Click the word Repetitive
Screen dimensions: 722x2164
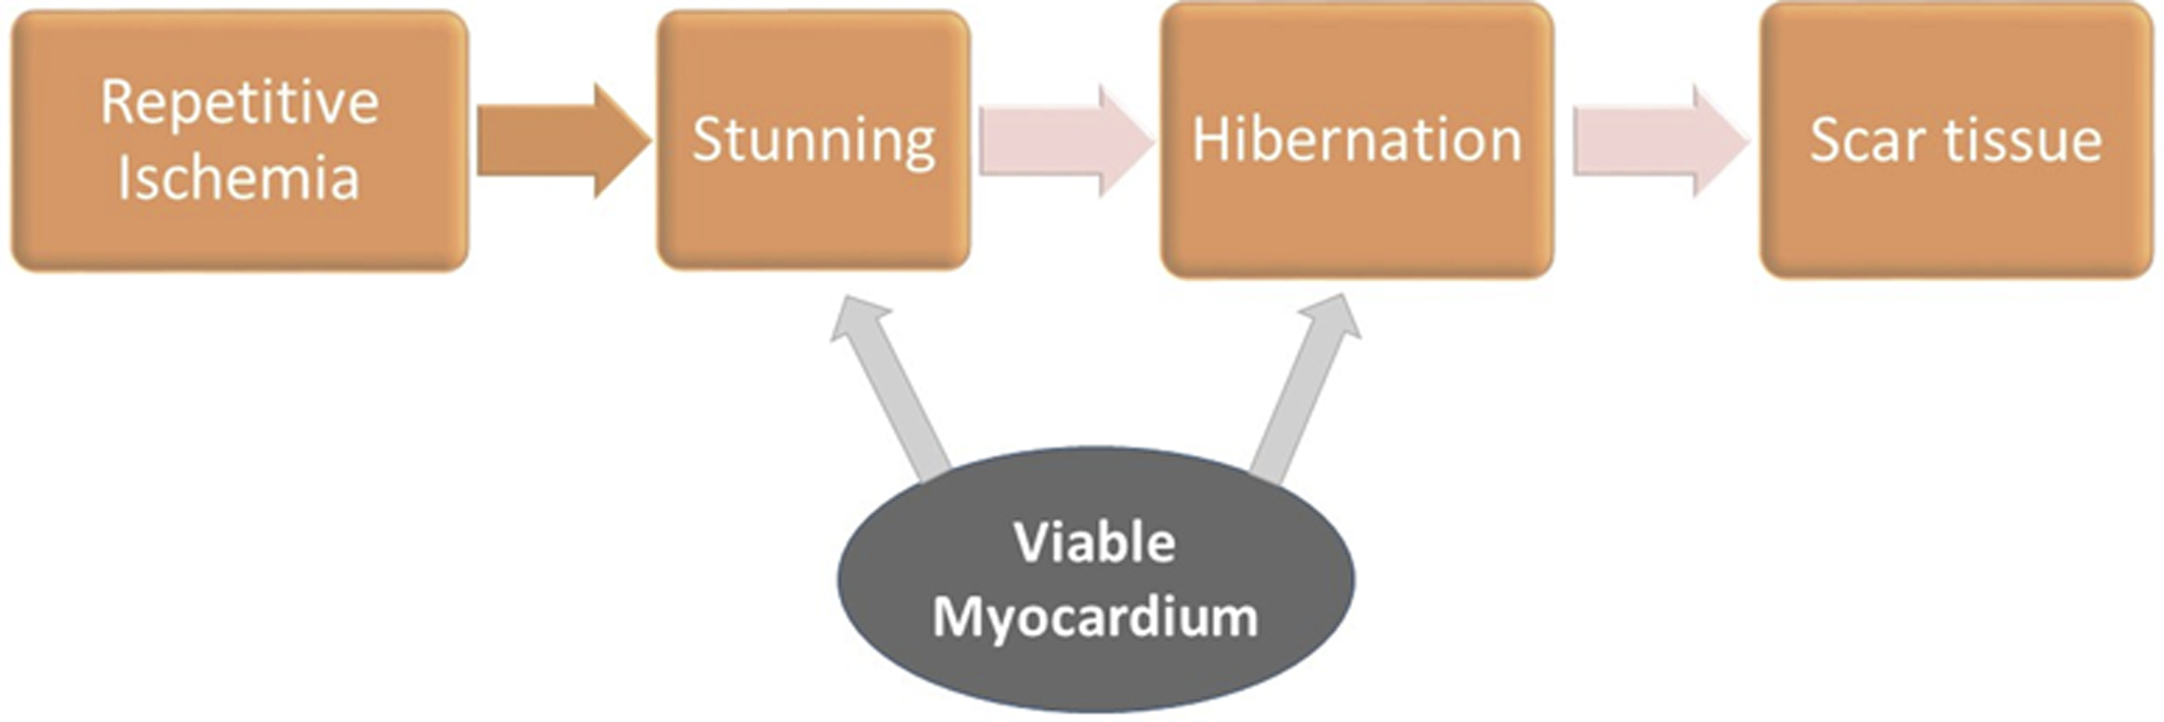coord(239,104)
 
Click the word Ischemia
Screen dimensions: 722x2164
coord(238,178)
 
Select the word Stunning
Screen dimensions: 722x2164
coord(813,140)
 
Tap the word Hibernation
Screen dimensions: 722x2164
coord(1357,139)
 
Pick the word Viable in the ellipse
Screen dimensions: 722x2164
coord(1095,542)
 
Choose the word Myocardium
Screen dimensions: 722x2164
coord(1095,618)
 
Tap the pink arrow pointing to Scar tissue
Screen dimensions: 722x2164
coord(1659,141)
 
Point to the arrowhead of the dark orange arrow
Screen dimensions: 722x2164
coord(622,141)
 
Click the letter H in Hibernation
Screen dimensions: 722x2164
coord(1210,139)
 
